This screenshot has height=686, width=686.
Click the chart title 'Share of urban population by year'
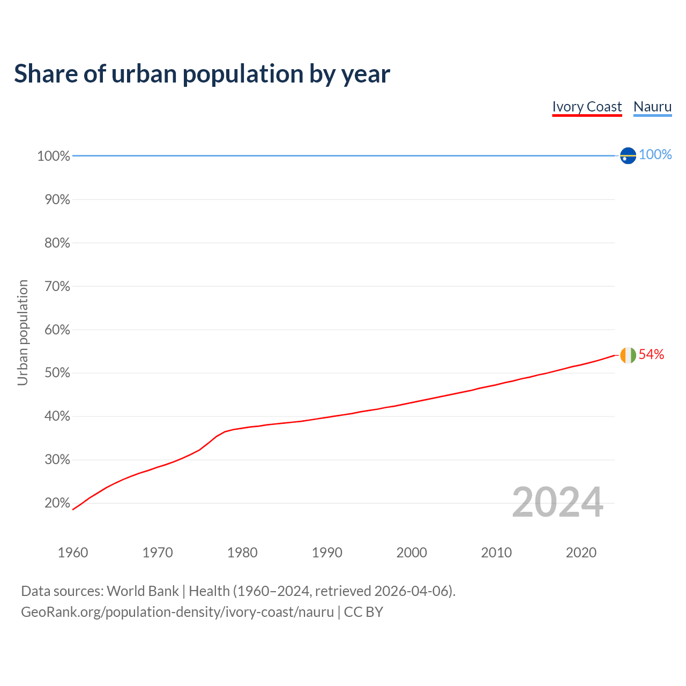point(202,74)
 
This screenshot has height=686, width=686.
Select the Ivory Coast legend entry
point(587,107)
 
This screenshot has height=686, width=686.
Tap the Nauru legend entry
point(652,107)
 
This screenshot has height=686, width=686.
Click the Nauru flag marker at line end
point(628,155)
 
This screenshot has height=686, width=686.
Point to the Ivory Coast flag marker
point(628,355)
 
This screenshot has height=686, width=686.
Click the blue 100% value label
point(655,155)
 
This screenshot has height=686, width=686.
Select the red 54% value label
point(651,354)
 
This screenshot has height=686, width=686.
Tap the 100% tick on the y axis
point(54,156)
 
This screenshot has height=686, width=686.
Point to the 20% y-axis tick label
point(57,503)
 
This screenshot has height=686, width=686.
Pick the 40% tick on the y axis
point(57,416)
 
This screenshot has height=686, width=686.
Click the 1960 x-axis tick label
point(73,553)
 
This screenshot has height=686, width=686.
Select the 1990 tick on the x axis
point(327,553)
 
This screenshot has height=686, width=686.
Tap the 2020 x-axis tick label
point(581,553)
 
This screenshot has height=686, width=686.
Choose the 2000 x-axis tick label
point(412,553)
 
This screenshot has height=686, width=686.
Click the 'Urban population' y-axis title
point(23,332)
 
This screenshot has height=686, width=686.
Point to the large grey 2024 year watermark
point(557,502)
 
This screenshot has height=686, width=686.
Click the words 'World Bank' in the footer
point(143,591)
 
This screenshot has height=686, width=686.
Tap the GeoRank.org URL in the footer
point(177,612)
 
